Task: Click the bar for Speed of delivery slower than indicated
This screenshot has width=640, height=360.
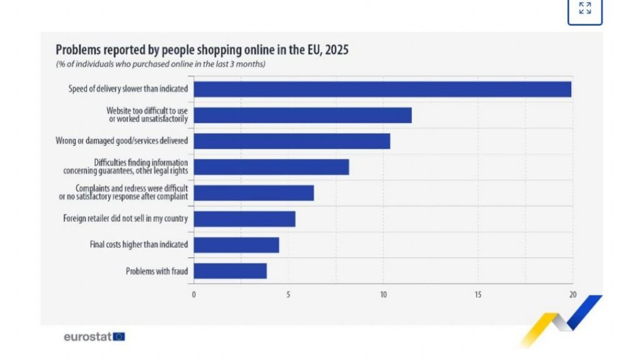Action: pos(382,89)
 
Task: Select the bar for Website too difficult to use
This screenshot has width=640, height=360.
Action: pos(302,115)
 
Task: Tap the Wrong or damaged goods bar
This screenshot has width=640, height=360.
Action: pos(292,141)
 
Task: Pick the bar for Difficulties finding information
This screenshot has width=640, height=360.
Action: pos(271,167)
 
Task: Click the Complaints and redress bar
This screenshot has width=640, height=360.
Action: pos(254,193)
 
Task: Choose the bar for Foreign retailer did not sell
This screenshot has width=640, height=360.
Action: pos(244,219)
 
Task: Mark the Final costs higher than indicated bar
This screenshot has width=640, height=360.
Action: pos(236,245)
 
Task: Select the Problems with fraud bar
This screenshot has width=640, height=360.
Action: pos(230,271)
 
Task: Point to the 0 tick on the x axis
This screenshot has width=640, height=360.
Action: pos(194,294)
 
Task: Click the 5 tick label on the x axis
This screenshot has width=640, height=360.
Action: pos(288,294)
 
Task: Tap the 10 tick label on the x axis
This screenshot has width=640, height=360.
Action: pos(383,294)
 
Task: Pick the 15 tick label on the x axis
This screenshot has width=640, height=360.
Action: pos(477,294)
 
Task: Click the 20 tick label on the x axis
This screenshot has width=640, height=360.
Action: pos(572,294)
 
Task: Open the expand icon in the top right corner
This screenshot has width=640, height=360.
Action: pos(585,9)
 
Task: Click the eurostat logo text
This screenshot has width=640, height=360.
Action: pos(87,337)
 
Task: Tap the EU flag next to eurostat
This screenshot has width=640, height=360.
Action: pos(119,337)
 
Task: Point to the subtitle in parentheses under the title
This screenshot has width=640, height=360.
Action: pos(161,64)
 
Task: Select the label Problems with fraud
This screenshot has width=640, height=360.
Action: pos(156,271)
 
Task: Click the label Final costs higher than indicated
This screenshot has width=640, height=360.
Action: pos(138,245)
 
